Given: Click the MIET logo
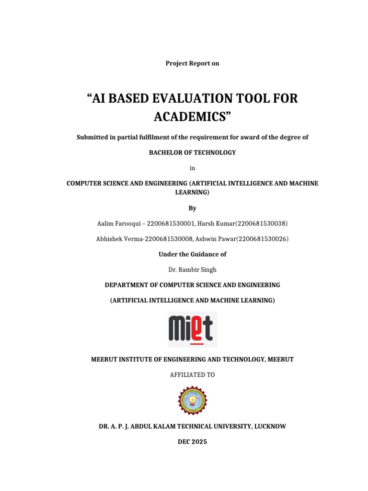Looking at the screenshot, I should tap(192, 329).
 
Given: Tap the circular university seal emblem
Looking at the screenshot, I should tap(192, 401).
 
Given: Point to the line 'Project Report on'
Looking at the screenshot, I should tap(192, 63).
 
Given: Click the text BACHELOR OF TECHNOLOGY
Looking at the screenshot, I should tap(192, 152).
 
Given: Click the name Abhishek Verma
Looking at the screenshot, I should tap(116, 239).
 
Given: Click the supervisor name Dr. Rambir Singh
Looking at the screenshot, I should tap(192, 269).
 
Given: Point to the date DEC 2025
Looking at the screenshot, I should tap(192, 442).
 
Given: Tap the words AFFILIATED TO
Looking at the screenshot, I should tap(192, 374).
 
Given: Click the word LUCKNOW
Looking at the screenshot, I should tap(270, 426).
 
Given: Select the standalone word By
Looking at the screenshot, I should tap(192, 208).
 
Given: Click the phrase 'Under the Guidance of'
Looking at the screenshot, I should tap(192, 254).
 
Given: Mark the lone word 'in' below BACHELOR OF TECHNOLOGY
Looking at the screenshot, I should tap(192, 168).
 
